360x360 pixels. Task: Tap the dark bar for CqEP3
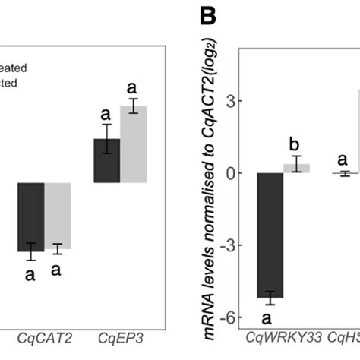(107, 161)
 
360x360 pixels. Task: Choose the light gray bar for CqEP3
(134, 144)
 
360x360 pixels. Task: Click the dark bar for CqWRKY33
(271, 235)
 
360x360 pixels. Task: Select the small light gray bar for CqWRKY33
(297, 168)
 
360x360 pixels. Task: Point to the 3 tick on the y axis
(226, 101)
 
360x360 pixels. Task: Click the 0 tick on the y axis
(226, 173)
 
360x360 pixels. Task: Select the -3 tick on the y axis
(224, 245)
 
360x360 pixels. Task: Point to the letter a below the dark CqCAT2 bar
(30, 275)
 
